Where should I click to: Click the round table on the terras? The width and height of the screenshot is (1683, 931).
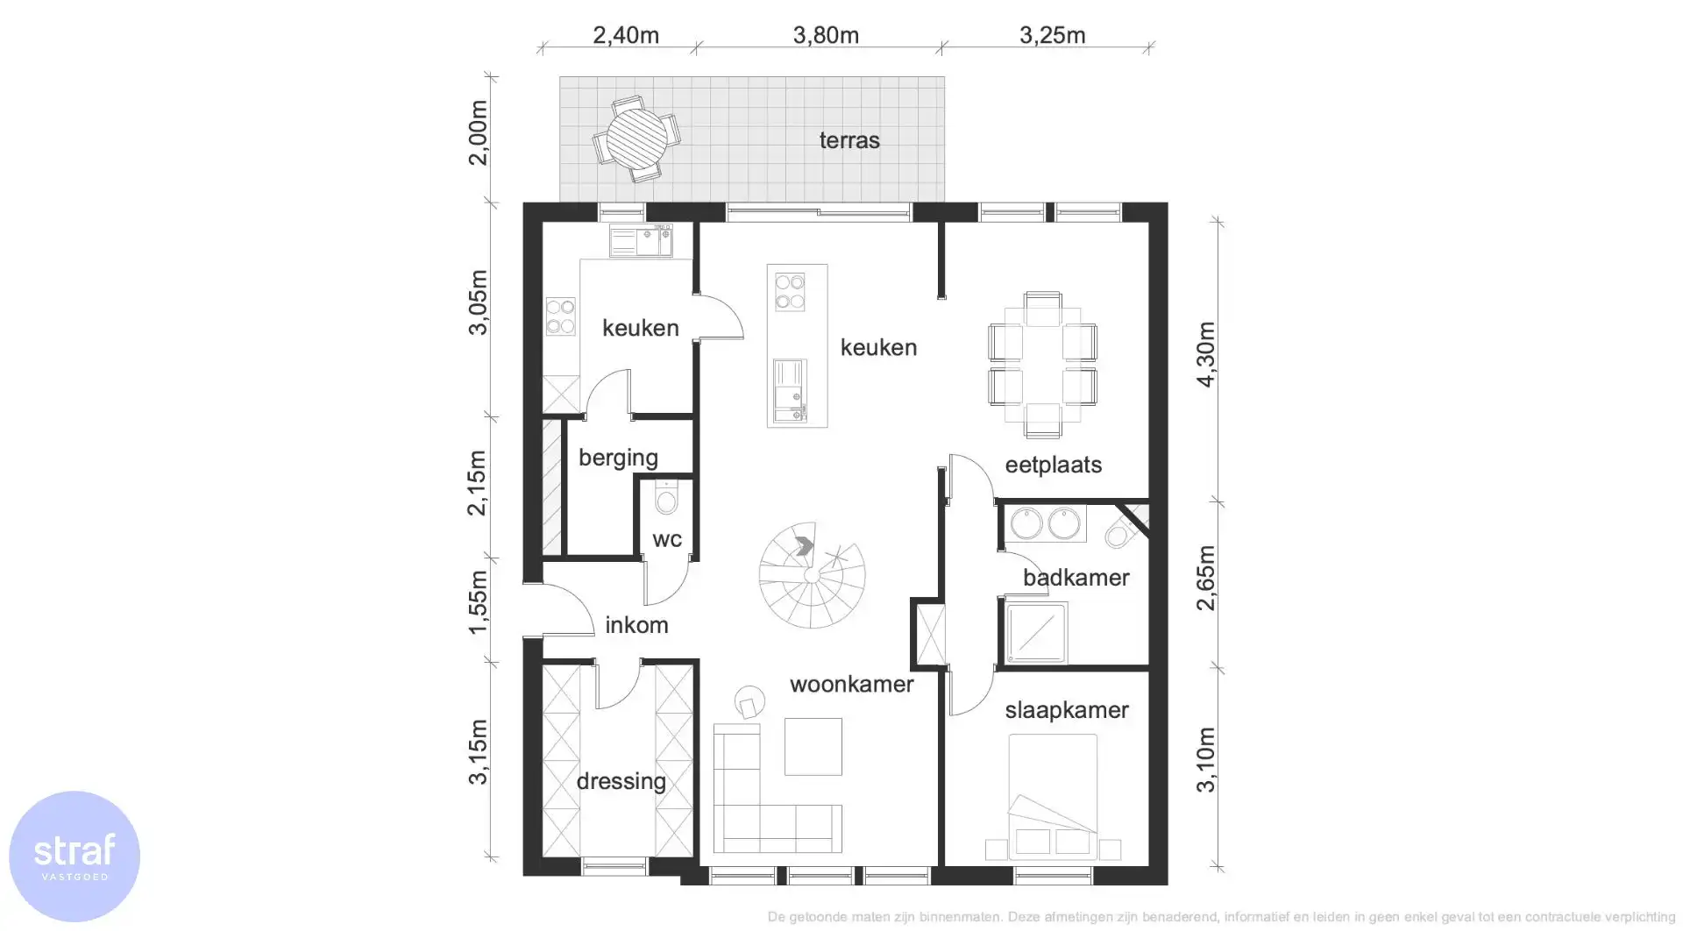(636, 139)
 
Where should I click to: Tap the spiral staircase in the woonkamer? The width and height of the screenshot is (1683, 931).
(812, 575)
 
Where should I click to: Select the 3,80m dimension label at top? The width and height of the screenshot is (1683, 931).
(826, 35)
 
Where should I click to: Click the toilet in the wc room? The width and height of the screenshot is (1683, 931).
(667, 501)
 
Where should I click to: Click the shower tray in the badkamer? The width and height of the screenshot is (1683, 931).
(1037, 632)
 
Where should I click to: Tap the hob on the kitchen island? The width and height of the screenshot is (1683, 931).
(790, 292)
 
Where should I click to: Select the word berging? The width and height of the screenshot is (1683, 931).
(618, 458)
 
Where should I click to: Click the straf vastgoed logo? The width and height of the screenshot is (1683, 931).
(75, 856)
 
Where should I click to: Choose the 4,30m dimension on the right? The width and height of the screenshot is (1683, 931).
(1206, 354)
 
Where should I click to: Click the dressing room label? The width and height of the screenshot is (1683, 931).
(621, 781)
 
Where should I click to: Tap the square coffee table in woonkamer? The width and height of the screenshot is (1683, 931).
(813, 746)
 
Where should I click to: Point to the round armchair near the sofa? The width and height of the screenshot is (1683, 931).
(749, 702)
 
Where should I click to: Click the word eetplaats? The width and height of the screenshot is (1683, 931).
(1053, 465)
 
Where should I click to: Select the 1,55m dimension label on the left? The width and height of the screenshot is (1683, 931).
(478, 602)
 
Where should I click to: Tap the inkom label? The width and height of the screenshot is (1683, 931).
(636, 625)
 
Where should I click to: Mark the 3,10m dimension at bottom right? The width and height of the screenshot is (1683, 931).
(1206, 759)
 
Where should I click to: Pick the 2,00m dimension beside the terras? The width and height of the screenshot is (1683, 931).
(478, 132)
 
